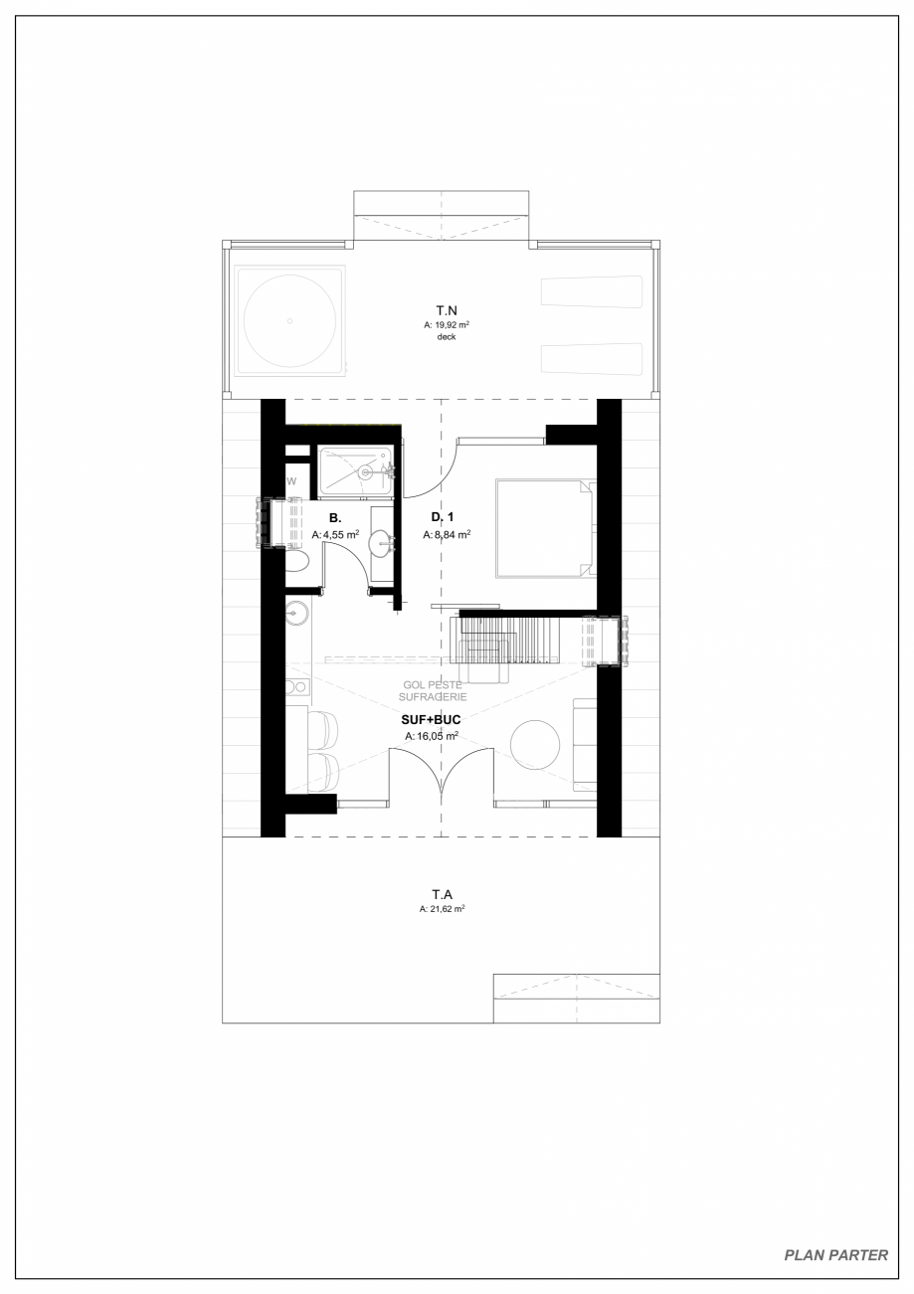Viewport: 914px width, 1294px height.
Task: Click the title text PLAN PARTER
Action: click(x=835, y=1254)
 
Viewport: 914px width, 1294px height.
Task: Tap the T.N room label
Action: click(x=446, y=310)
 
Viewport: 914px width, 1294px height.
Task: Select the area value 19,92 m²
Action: click(x=447, y=324)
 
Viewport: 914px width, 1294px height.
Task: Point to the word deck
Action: click(x=446, y=337)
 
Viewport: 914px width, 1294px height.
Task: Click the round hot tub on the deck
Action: click(x=289, y=320)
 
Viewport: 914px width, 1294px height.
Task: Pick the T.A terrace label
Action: click(x=443, y=894)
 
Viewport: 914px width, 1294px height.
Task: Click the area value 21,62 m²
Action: click(x=443, y=909)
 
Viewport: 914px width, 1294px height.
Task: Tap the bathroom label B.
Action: click(x=335, y=518)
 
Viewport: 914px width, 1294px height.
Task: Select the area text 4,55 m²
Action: click(x=336, y=534)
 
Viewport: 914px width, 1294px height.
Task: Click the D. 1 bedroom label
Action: click(x=443, y=517)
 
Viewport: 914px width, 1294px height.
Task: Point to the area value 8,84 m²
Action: click(x=447, y=534)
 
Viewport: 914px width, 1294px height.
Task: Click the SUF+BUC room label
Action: click(x=431, y=719)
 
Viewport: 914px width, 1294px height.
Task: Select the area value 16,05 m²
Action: click(x=432, y=736)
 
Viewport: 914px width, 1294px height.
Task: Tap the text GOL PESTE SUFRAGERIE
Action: click(x=433, y=690)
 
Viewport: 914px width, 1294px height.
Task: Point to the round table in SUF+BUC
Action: click(x=535, y=744)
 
